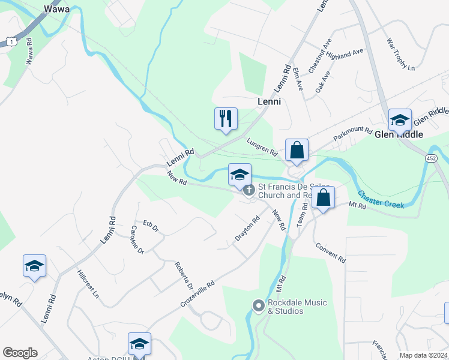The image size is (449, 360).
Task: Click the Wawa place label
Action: [x=57, y=9]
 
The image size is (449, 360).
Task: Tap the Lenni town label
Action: [x=269, y=102]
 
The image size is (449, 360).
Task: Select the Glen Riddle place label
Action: [x=399, y=134]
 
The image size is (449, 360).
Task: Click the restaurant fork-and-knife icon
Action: [x=226, y=118]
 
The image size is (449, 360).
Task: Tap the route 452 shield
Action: [x=431, y=158]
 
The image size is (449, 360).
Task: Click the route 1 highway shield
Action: [x=10, y=40]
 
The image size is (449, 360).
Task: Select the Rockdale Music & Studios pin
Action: [x=259, y=306]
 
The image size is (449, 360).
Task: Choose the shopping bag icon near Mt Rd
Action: [x=323, y=197]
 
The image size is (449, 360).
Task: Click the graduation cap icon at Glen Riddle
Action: [x=399, y=119]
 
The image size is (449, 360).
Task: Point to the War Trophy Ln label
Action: [x=400, y=55]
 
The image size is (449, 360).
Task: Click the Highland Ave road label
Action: [x=346, y=55]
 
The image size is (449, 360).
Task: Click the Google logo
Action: [x=19, y=353]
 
